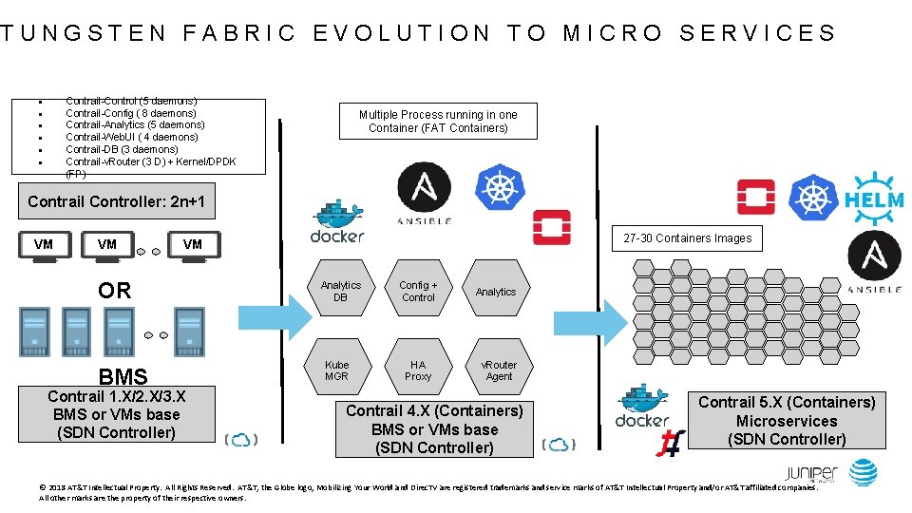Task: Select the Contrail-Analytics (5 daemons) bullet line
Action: click(x=135, y=124)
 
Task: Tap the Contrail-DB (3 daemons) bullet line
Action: click(x=122, y=149)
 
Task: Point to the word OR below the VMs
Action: click(x=115, y=291)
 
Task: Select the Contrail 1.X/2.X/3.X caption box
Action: click(x=117, y=414)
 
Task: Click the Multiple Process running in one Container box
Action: click(x=438, y=121)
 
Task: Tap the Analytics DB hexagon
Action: click(x=340, y=292)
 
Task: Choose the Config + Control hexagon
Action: click(x=418, y=292)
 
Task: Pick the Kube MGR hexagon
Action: click(x=337, y=370)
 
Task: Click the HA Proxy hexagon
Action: click(x=418, y=370)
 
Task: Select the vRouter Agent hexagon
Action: click(x=499, y=370)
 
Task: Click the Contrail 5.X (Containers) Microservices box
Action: click(x=787, y=421)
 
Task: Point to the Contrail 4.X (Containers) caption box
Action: click(x=434, y=428)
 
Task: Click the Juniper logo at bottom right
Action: click(x=810, y=474)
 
